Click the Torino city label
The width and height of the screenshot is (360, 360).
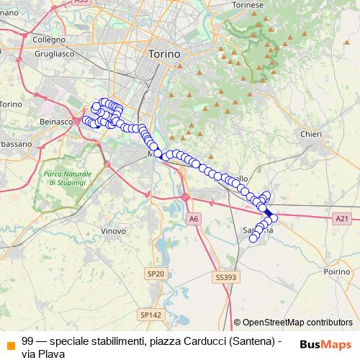click(x=164, y=54)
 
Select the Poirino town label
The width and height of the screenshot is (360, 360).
click(x=336, y=272)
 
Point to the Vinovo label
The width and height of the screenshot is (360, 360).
click(x=114, y=232)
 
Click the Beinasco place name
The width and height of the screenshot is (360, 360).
click(x=56, y=122)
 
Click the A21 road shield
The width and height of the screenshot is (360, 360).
click(x=341, y=218)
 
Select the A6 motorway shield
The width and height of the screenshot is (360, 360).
click(x=193, y=218)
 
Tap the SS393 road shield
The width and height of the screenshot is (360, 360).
click(x=225, y=276)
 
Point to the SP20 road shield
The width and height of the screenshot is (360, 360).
click(x=156, y=274)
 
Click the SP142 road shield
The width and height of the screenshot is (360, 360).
click(x=150, y=315)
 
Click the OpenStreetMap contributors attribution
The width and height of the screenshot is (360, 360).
click(x=293, y=323)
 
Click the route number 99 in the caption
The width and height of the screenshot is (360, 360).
click(x=27, y=341)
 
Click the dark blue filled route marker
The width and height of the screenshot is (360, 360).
click(x=269, y=213)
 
